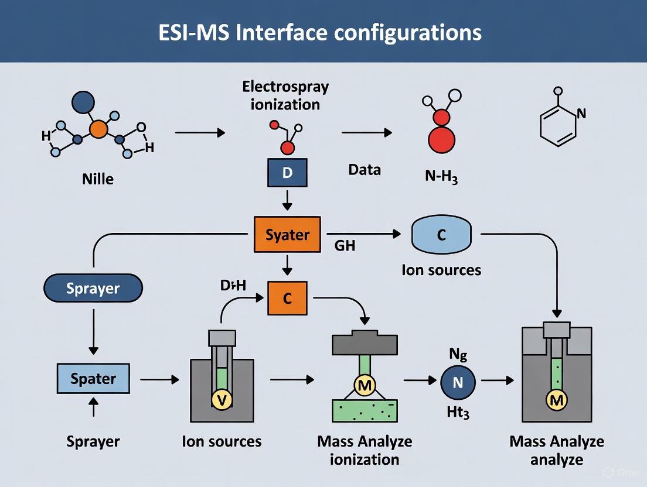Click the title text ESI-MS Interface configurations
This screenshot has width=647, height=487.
coord(320,32)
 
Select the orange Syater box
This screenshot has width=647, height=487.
coord(287,235)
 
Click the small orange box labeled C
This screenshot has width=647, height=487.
coord(287,298)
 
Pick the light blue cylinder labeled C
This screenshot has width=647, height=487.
coord(441,235)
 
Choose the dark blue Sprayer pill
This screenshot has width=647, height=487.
coord(93,289)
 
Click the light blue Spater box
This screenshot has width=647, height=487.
coord(93,378)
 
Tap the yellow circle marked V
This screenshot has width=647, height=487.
coord(222,400)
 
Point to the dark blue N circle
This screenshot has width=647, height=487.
coord(458,383)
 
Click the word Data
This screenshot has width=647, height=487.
coord(364,170)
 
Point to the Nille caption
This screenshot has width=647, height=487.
coord(97,179)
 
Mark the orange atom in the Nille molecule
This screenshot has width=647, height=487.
coord(98,129)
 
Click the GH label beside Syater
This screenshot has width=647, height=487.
coord(344,246)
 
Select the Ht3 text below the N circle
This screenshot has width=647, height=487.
coord(458,413)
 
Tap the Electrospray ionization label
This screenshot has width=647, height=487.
coord(285,95)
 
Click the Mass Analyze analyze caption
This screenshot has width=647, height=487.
coord(556,450)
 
